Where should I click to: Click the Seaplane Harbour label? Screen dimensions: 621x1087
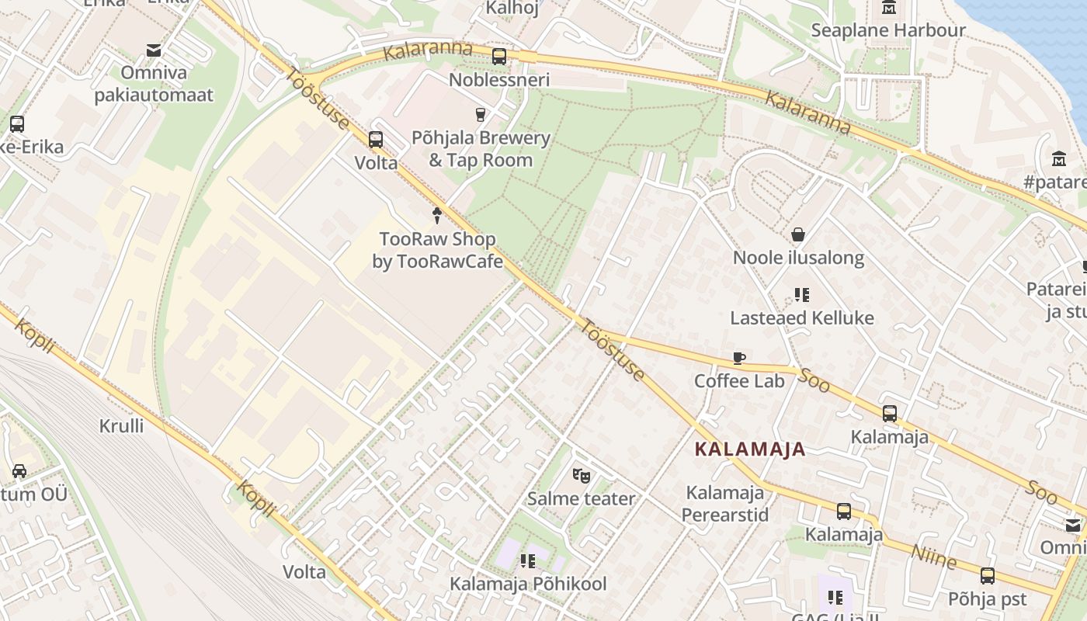(888, 30)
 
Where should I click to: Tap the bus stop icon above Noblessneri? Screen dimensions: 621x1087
(499, 57)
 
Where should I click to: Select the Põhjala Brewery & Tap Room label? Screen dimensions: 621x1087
(489, 149)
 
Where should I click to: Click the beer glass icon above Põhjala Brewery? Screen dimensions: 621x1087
(481, 115)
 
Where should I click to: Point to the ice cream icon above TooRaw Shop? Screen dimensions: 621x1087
(437, 216)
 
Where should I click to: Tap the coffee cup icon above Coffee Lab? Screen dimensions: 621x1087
(739, 358)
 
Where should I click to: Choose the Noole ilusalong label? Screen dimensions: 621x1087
(798, 258)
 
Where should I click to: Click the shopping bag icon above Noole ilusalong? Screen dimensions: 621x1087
(797, 234)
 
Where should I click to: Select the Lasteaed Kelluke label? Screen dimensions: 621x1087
(801, 317)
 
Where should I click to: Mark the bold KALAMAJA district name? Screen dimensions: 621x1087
(749, 449)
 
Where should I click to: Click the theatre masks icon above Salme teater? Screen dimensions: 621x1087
(581, 475)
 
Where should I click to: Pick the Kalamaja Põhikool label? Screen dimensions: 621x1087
(528, 584)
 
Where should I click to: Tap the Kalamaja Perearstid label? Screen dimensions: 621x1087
(725, 504)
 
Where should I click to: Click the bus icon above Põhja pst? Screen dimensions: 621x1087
(987, 576)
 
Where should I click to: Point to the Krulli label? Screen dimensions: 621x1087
(121, 425)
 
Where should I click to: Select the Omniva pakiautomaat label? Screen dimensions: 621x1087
(154, 84)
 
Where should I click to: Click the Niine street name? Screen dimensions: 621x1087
(933, 556)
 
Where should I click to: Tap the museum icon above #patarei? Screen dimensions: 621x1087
(1059, 159)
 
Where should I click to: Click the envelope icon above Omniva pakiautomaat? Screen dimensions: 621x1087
(154, 50)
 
